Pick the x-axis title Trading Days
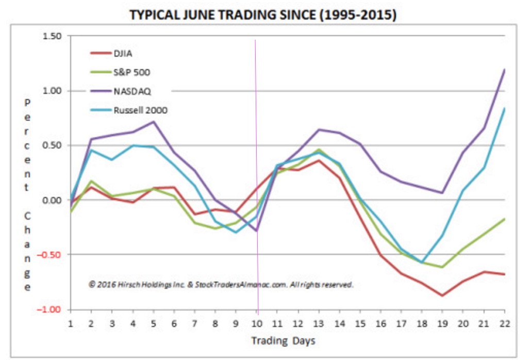pos(283,340)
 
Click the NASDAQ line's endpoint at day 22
pos(504,70)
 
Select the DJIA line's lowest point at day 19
pos(442,296)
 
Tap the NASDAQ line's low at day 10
pos(256,231)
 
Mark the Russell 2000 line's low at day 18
pos(422,263)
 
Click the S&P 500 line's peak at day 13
pos(319,150)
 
